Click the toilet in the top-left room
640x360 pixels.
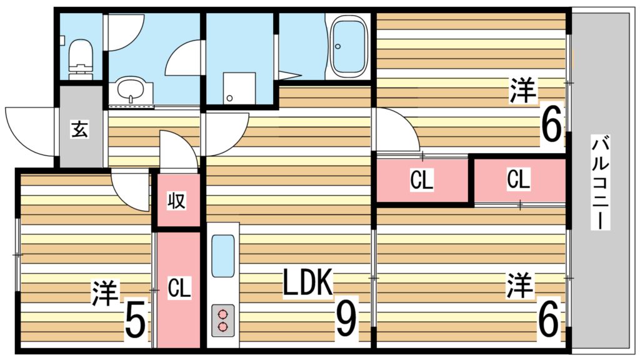click(x=81, y=59)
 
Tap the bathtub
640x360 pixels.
click(x=349, y=46)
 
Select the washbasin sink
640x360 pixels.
click(x=131, y=91)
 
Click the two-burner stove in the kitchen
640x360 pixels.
click(x=223, y=321)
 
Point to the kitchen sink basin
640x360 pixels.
click(x=223, y=256)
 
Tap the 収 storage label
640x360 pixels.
click(x=177, y=201)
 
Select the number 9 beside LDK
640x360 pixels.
click(x=346, y=321)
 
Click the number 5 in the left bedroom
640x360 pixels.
click(x=135, y=321)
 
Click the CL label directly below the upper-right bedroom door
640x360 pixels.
click(x=422, y=180)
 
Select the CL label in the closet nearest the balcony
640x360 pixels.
click(x=518, y=179)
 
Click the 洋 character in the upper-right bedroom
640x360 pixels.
click(x=523, y=91)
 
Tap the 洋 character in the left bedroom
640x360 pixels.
click(x=105, y=292)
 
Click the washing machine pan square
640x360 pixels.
click(x=239, y=87)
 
